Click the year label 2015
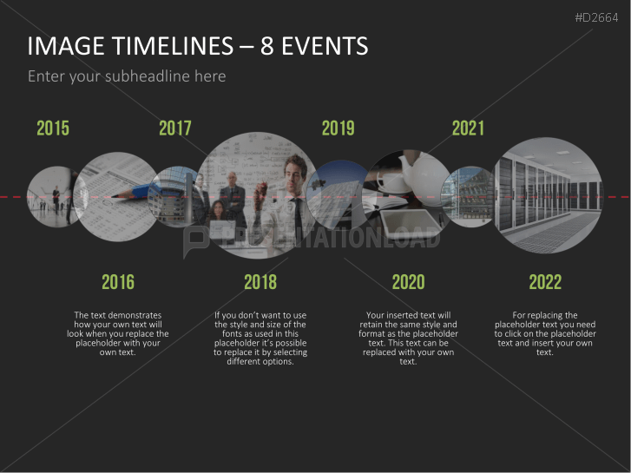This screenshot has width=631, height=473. [x=53, y=128]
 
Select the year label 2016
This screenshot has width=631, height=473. [x=118, y=282]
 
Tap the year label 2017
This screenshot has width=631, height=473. [x=175, y=128]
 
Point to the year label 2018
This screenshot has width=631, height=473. [x=260, y=282]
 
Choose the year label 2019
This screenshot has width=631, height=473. [x=338, y=128]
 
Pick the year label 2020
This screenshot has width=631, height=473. [x=409, y=282]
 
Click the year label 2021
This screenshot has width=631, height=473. [x=468, y=128]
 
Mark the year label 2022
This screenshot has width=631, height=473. [x=545, y=282]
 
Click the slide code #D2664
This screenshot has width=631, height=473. [x=596, y=17]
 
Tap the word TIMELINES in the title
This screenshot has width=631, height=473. [x=173, y=46]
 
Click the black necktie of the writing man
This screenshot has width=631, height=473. [x=298, y=217]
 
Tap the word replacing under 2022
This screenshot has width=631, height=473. [x=545, y=315]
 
